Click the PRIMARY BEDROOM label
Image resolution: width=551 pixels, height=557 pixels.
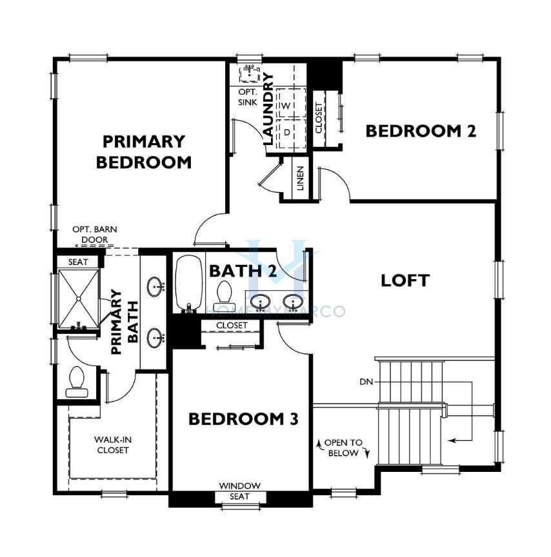coord(144,152)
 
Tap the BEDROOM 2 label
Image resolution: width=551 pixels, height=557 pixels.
coord(421,131)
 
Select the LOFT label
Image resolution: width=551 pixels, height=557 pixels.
coord(405,280)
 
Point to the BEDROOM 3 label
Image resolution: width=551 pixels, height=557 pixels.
coord(243,419)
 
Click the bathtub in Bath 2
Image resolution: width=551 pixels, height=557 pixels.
coord(189,284)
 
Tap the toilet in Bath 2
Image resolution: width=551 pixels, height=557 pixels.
coord(223,295)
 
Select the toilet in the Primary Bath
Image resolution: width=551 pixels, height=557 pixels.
coord(76,382)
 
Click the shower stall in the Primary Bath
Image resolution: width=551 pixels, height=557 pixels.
coord(79,299)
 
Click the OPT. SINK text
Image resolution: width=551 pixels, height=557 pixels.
coord(248,97)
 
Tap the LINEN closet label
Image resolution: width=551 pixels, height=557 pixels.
coord(301,179)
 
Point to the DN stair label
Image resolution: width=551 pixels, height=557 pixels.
coord(366,382)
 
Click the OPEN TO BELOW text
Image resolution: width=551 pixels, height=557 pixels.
coord(343,448)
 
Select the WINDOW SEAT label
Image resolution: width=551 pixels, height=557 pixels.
coord(239,491)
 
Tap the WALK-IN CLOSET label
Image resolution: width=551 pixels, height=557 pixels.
coord(113,445)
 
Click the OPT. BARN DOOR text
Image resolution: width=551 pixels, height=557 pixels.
coord(95,235)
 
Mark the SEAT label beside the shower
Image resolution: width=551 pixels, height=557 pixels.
coord(78,262)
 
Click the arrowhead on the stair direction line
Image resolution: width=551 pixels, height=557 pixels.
coord(452,441)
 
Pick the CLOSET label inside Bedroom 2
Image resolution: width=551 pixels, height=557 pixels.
coord(319,118)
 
